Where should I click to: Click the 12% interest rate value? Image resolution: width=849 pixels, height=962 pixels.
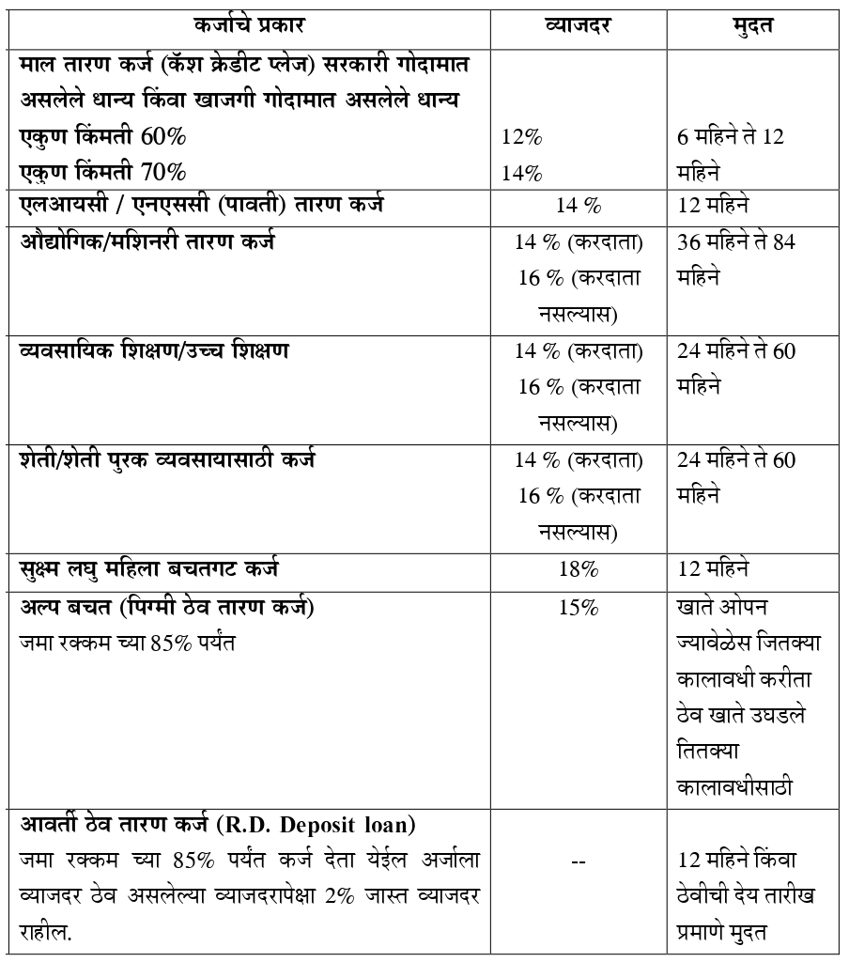(x=521, y=137)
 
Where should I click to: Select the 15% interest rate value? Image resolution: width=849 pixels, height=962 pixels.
(x=579, y=608)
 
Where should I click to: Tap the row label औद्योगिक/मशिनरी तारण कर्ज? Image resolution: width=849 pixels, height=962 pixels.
(x=147, y=242)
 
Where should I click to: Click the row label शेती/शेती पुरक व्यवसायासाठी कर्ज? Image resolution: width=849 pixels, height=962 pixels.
(x=168, y=460)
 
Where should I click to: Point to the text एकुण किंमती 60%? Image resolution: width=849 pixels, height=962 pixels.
(x=103, y=137)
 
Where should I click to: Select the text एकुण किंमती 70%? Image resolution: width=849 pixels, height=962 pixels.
(x=103, y=173)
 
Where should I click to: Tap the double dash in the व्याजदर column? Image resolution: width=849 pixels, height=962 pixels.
(x=579, y=861)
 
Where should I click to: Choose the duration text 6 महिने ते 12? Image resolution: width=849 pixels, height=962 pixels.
(x=731, y=137)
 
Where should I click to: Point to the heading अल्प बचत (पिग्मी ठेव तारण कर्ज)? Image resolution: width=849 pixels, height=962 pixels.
(x=167, y=608)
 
